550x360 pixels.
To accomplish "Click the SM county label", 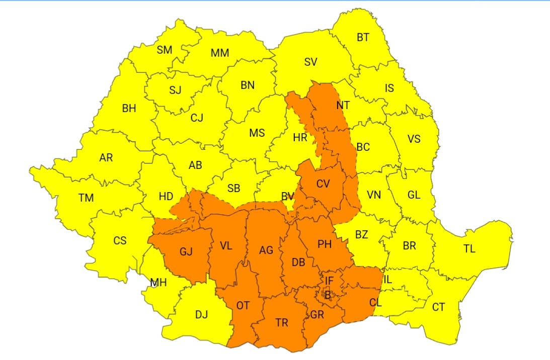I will coord(165,50).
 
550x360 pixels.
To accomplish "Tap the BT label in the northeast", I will coord(362,37).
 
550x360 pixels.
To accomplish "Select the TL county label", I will coord(469,248).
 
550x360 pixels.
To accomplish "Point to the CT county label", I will coord(438,306).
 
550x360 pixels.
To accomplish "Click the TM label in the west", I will coord(86,198).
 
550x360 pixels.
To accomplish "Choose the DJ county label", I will coord(201,315).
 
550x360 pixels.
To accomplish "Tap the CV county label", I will coord(323,184).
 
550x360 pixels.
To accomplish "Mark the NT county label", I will coord(343,106).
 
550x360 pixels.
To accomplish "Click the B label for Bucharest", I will coord(328,296).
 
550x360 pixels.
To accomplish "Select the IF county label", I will coord(329,281).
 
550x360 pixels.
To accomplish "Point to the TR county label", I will coord(282,322).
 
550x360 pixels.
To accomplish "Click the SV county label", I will coord(310,62).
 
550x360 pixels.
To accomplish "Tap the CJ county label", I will coord(197,118).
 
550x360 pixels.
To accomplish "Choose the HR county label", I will coord(300,137).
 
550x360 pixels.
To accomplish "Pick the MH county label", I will coord(159,283).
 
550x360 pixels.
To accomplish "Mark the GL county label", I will coord(414,195).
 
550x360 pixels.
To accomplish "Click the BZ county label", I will coord(361,234).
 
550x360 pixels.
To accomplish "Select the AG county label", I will coord(266,250).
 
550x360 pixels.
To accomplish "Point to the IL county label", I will coord(387,280).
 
